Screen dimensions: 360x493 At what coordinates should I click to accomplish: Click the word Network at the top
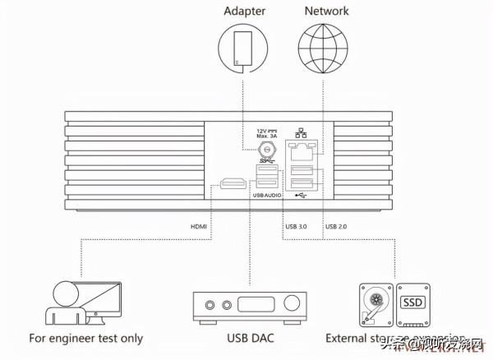click(x=326, y=12)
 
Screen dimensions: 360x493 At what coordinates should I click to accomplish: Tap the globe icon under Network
click(x=326, y=46)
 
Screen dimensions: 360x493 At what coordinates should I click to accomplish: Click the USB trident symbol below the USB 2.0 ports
click(x=301, y=195)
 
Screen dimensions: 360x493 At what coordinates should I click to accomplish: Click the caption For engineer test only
click(x=85, y=338)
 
